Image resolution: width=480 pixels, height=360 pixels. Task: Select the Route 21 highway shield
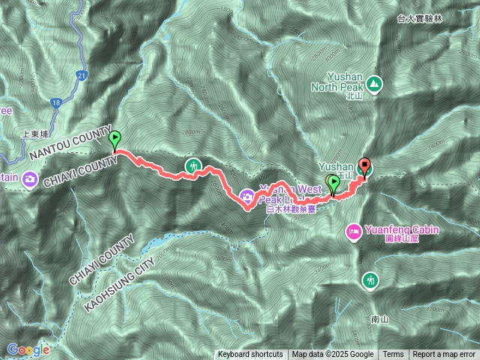click(81, 74)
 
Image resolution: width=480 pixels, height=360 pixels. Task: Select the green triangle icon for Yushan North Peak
click(373, 84)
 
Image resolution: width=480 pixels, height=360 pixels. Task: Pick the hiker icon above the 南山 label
click(370, 280)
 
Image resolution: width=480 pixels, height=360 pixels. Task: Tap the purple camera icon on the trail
click(247, 197)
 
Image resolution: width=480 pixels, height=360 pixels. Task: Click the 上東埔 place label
click(36, 133)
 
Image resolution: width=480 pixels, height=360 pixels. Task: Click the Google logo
click(28, 349)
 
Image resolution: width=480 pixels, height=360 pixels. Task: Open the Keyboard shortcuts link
click(250, 355)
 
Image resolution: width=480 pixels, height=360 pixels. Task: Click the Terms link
click(393, 355)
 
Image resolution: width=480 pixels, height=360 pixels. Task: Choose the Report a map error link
click(445, 355)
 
